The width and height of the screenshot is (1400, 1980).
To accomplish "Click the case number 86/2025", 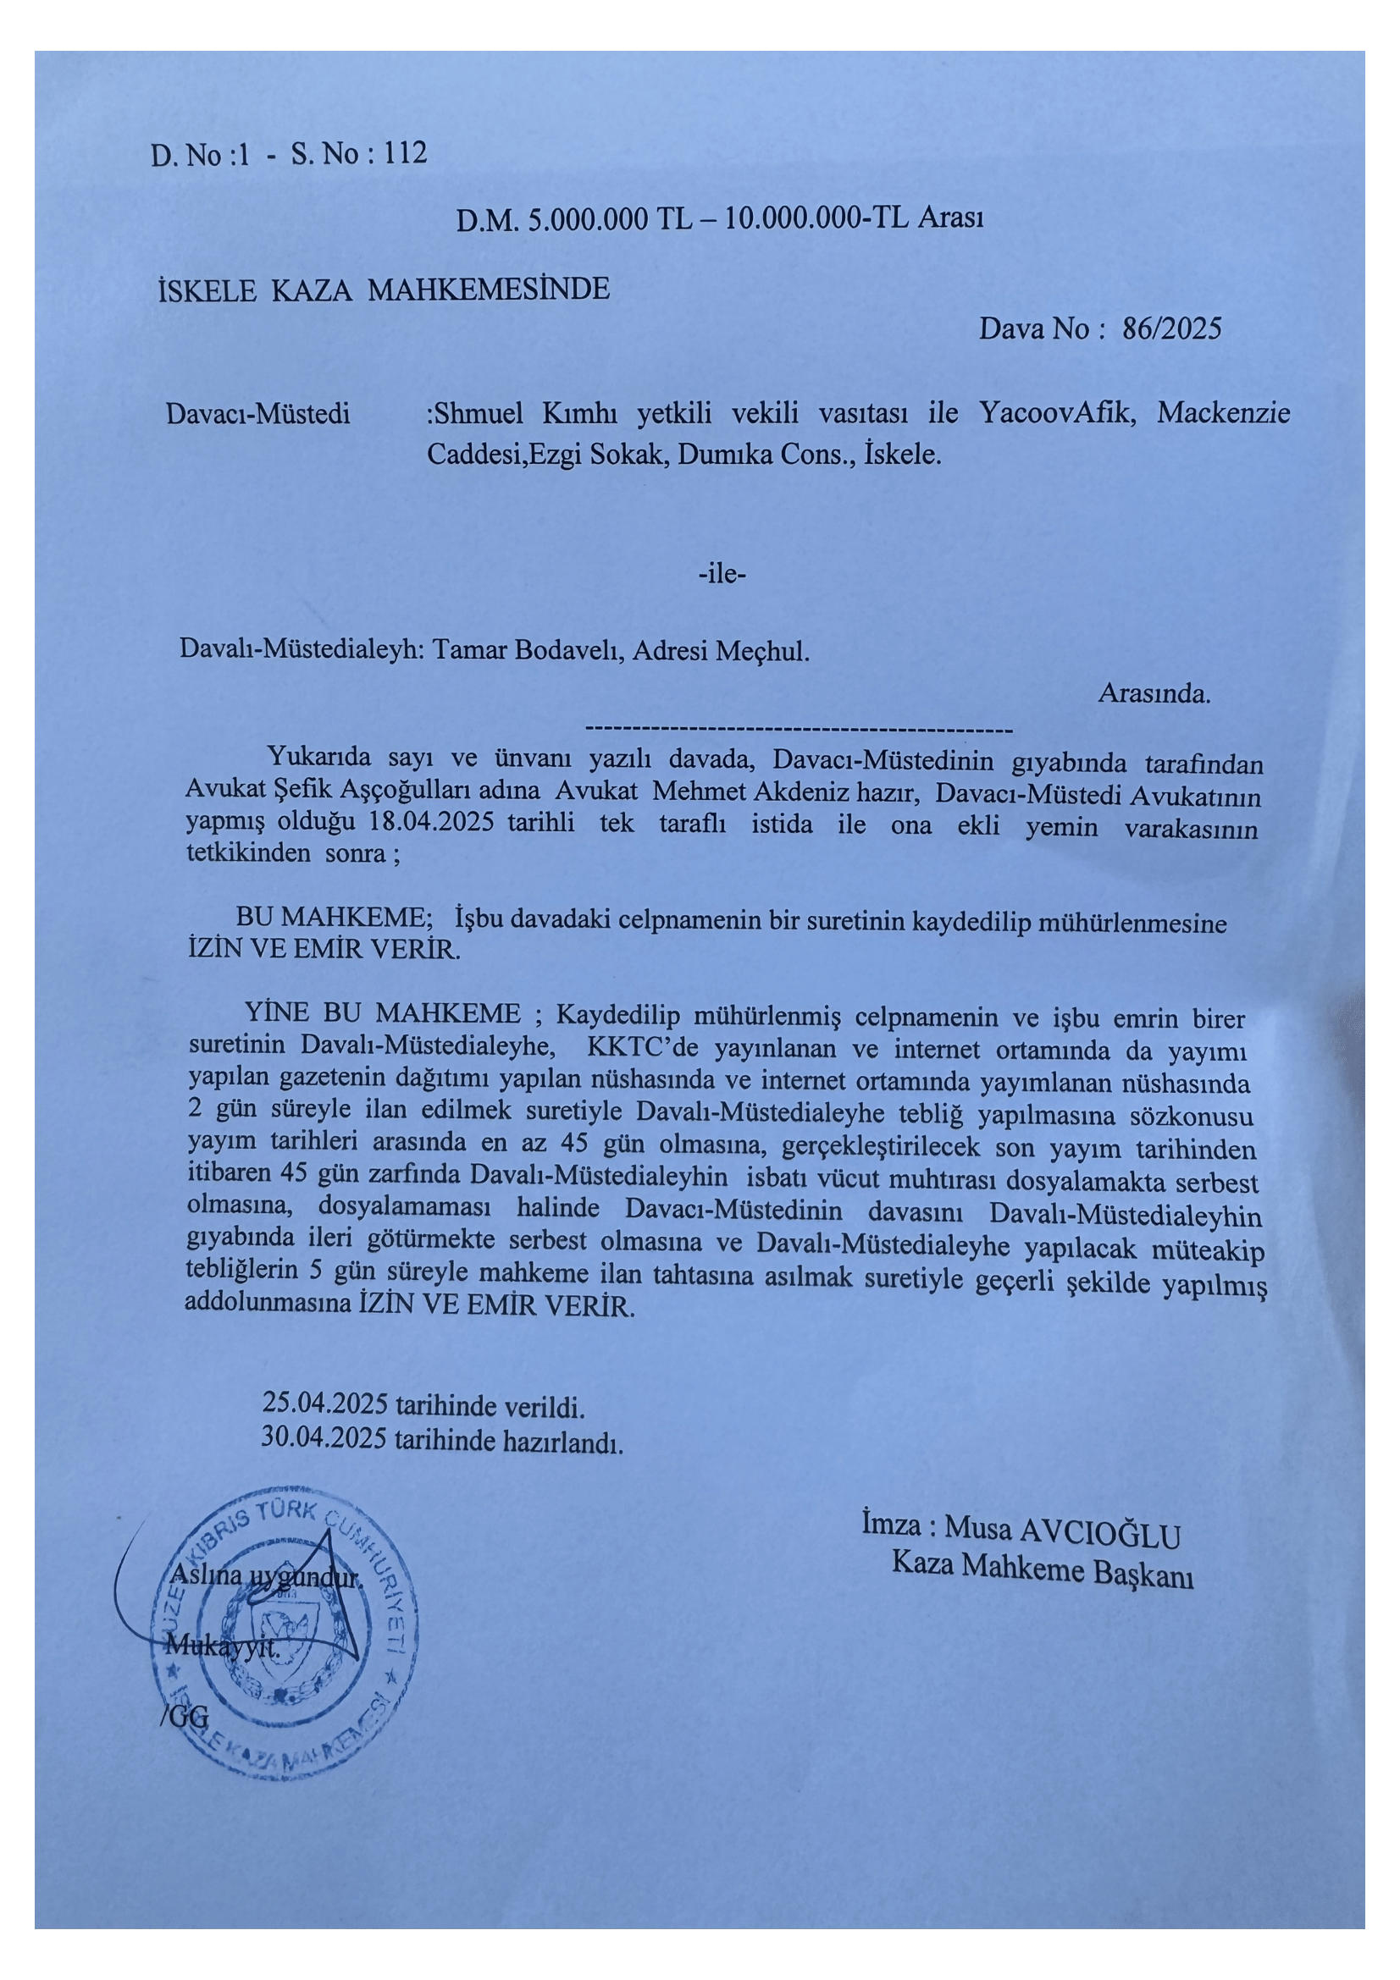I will pyautogui.click(x=1171, y=328).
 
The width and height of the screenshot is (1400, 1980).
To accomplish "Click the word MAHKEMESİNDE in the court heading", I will pyautogui.click(x=488, y=289).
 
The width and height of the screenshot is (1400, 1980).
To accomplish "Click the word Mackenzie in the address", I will pyautogui.click(x=1223, y=413).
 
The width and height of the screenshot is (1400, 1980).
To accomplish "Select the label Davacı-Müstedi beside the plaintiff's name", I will pyautogui.click(x=258, y=414).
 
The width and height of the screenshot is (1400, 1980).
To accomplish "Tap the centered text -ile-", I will pyautogui.click(x=721, y=573).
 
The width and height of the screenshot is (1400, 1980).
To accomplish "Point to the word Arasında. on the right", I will pyautogui.click(x=1154, y=693).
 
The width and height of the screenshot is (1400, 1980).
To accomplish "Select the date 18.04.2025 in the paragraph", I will pyautogui.click(x=431, y=821).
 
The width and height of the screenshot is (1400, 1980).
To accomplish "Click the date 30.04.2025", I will pyautogui.click(x=324, y=1437).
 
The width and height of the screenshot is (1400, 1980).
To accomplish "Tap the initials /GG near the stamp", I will pyautogui.click(x=185, y=1716).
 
